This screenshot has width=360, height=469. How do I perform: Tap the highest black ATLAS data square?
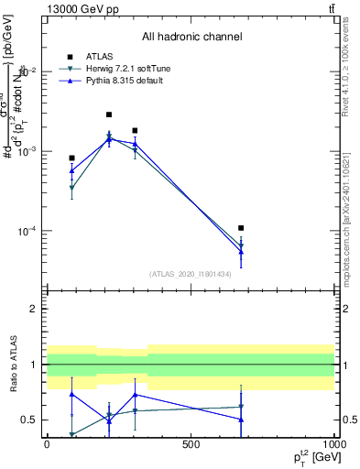109,115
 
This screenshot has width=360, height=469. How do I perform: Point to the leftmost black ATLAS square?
71,158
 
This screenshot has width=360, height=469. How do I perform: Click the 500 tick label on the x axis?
191,443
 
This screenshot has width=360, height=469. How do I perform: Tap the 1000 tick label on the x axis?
334,443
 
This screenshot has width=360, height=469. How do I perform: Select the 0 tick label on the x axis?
47,443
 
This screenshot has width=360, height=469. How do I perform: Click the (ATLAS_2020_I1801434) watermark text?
191,274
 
